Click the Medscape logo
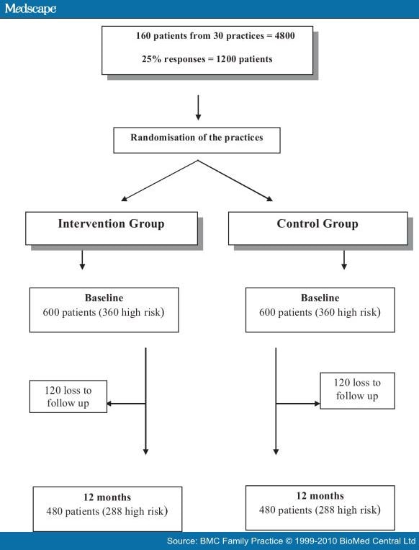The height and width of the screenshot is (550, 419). [29, 9]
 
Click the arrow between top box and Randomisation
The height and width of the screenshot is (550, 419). [198, 107]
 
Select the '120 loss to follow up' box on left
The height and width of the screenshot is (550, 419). [68, 396]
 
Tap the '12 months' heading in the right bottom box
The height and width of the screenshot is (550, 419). [320, 496]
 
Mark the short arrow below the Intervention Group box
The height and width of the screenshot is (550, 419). [82, 260]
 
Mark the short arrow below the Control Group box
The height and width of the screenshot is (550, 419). [343, 260]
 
